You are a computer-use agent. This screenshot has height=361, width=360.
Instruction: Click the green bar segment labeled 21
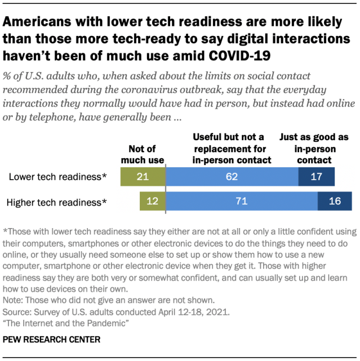click(143, 177)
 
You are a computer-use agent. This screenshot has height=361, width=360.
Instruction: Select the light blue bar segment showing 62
click(232, 177)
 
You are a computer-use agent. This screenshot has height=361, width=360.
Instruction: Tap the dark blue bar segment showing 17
click(316, 177)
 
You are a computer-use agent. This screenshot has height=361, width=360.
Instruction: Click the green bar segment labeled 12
click(153, 201)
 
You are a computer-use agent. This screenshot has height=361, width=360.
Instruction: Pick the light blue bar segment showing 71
click(242, 201)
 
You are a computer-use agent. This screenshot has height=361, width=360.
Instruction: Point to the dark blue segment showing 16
click(335, 201)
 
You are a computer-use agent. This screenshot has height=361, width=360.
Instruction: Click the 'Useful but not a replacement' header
click(232, 149)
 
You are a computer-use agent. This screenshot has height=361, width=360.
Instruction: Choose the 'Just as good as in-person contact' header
click(314, 149)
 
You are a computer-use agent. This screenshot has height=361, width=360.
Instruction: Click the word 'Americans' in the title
click(37, 23)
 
